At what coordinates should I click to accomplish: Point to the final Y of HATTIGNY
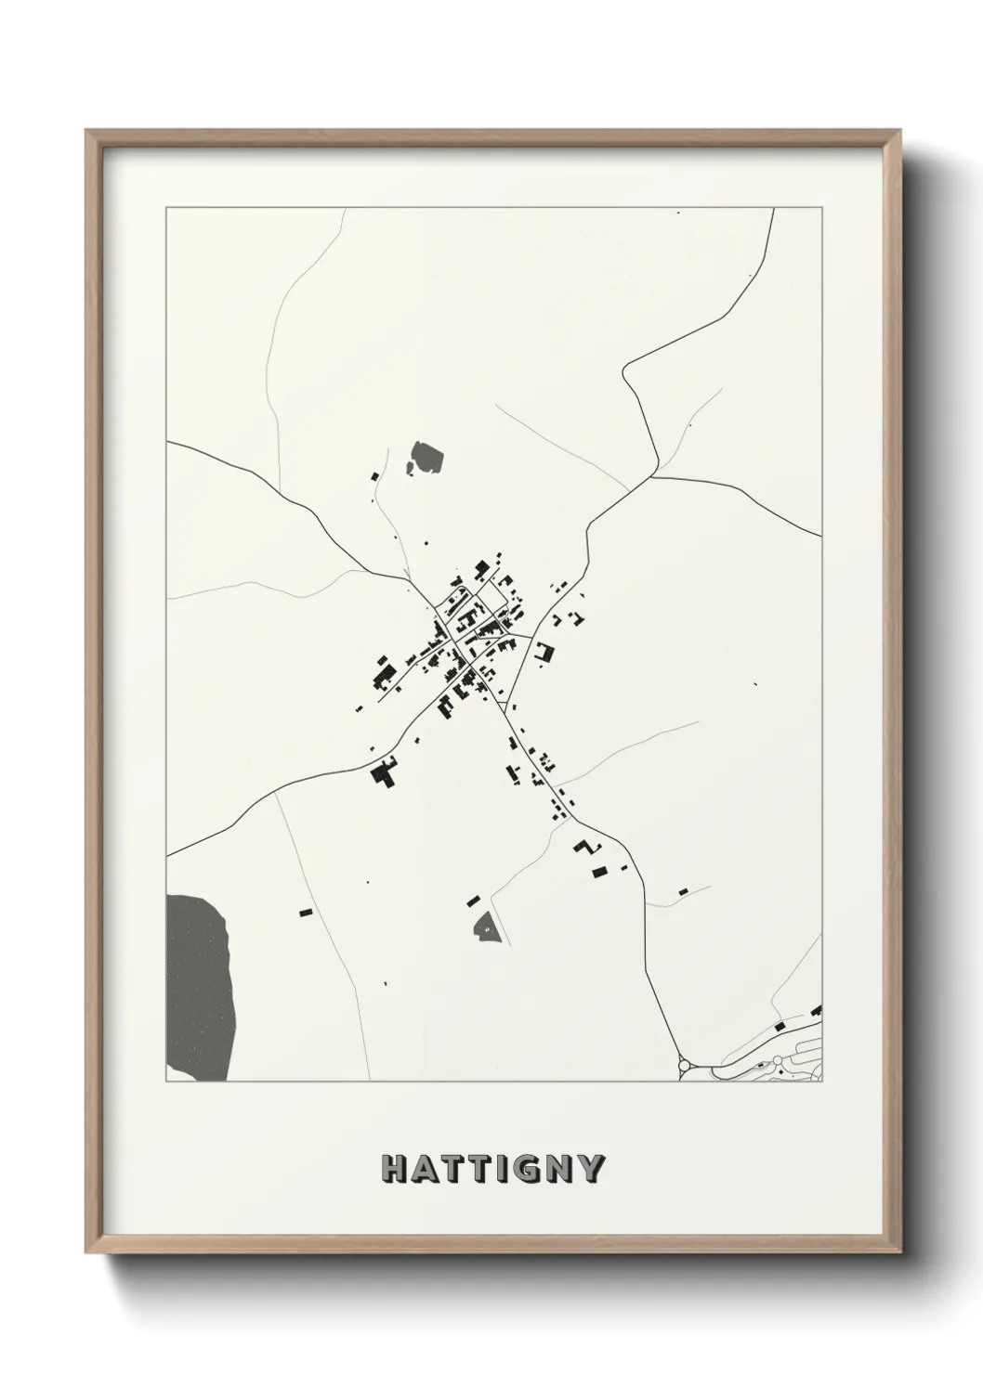592,1169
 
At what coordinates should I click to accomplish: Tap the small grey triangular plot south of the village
486,927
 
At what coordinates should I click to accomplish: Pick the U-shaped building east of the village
544,652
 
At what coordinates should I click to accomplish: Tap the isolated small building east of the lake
303,913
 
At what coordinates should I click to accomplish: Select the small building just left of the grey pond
375,476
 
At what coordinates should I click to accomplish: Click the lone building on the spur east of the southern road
683,891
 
